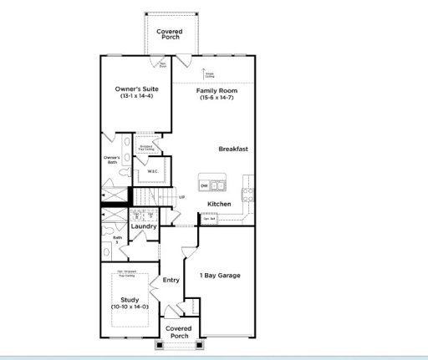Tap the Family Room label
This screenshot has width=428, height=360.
coord(216,90)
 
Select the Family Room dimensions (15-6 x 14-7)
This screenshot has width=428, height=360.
coord(216,98)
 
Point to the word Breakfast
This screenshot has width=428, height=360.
coord(233,150)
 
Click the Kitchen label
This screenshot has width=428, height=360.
coord(219,204)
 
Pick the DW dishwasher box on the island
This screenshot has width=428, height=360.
coord(204,185)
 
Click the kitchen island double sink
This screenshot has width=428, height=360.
coord(217,185)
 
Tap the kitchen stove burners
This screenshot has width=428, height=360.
coord(248,195)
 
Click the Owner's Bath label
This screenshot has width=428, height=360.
coord(111,160)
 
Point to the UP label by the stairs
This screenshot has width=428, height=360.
coord(181,197)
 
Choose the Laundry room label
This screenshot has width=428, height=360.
coord(144,226)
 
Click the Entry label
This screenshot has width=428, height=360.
coord(171,280)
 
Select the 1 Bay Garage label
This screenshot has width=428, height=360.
coord(220,276)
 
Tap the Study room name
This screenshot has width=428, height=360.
coord(129,299)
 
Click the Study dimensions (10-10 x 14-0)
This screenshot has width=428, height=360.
coord(129,307)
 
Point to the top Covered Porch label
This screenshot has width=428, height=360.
coord(171,34)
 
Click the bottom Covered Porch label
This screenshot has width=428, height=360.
coord(178,332)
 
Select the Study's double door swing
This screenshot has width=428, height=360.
coord(155,296)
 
